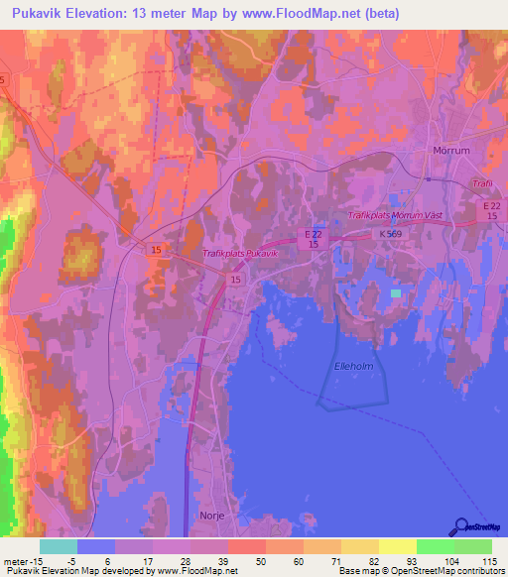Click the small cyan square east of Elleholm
point(397,293)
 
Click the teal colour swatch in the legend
point(58,546)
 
